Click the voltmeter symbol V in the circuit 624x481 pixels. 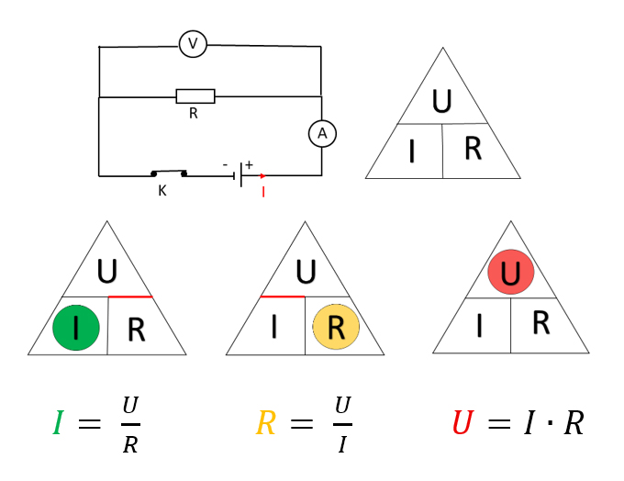tap(193, 43)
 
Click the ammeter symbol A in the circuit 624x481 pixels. tap(322, 134)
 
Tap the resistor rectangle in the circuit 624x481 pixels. tap(195, 96)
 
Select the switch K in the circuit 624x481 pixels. tap(169, 173)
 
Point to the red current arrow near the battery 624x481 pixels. tap(262, 175)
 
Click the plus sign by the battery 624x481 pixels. tap(249, 164)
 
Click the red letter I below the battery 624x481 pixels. tap(263, 193)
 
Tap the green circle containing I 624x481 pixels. tap(76, 328)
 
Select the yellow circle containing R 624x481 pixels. tap(336, 328)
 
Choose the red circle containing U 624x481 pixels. tap(511, 273)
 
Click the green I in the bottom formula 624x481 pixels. tap(60, 423)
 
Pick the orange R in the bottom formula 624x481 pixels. tap(265, 423)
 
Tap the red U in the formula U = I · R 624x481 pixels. tap(462, 423)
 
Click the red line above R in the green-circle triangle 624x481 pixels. tap(130, 297)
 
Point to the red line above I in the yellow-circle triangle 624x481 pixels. tap(283, 297)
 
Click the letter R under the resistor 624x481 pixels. tap(194, 114)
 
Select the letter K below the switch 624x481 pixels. tap(162, 191)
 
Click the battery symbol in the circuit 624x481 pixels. tap(240, 174)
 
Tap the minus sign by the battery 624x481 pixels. tap(226, 165)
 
